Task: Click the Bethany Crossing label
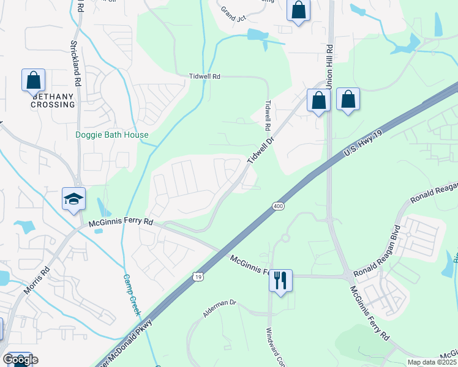(x=53, y=100)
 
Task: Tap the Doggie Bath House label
(x=111, y=135)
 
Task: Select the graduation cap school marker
(x=73, y=199)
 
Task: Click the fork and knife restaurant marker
(x=280, y=281)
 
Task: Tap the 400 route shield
(x=278, y=207)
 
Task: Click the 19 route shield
(x=198, y=277)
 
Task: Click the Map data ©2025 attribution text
(x=431, y=362)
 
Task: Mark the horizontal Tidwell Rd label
(x=204, y=76)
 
